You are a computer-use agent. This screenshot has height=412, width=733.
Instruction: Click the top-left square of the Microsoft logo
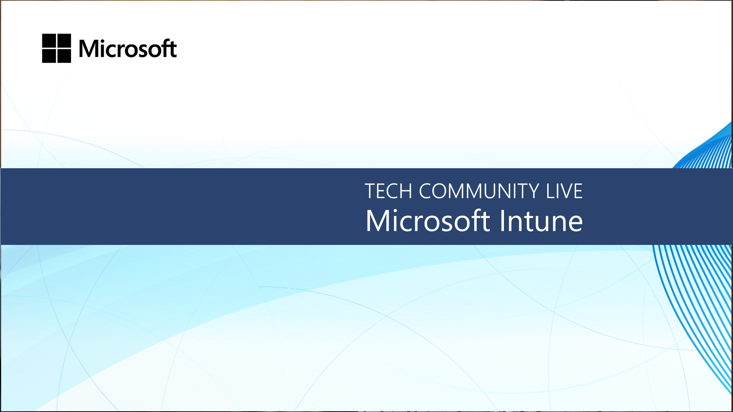click(x=49, y=40)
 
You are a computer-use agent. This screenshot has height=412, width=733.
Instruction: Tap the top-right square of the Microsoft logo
click(x=64, y=40)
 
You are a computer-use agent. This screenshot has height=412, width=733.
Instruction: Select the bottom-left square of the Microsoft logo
click(x=49, y=56)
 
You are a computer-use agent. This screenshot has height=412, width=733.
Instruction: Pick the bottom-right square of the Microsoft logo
click(x=64, y=56)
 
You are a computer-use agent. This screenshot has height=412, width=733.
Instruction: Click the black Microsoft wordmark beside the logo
click(x=128, y=48)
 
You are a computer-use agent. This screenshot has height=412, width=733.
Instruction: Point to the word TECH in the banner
click(x=388, y=191)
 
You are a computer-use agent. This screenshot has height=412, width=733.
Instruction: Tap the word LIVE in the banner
click(x=564, y=191)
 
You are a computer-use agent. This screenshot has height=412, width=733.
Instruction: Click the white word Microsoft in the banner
click(x=428, y=220)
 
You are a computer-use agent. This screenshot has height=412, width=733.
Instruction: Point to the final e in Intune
click(x=575, y=224)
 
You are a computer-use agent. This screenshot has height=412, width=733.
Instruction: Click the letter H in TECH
click(x=406, y=191)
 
